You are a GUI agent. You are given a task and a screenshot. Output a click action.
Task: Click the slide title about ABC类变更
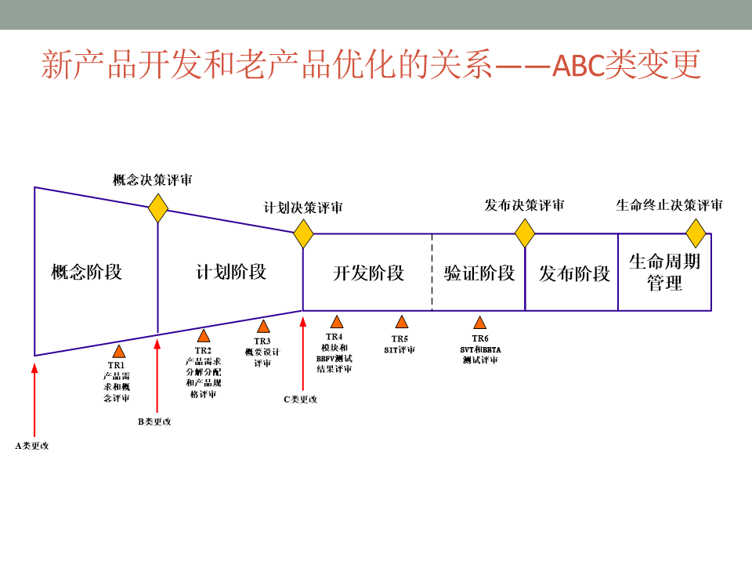click(x=371, y=65)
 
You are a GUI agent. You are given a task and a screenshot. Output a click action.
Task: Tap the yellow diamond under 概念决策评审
click(x=158, y=208)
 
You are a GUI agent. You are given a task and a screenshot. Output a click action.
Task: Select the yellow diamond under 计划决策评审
click(x=303, y=233)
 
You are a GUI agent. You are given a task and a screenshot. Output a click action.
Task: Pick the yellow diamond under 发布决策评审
click(x=525, y=233)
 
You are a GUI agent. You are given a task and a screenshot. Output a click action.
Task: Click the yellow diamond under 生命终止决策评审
click(x=696, y=233)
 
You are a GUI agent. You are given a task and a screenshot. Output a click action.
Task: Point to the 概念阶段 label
click(x=87, y=272)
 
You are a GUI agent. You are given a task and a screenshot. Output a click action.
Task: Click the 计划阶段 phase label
click(x=231, y=272)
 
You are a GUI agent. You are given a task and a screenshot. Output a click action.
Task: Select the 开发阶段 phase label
click(x=368, y=273)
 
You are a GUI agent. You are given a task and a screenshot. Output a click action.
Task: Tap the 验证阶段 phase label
click(x=479, y=273)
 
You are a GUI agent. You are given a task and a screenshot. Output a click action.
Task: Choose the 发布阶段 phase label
click(x=574, y=273)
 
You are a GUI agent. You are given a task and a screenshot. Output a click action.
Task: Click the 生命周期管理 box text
click(x=665, y=272)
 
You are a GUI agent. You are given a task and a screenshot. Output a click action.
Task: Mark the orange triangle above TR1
click(x=119, y=352)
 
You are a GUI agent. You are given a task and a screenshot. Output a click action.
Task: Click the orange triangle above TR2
click(x=204, y=336)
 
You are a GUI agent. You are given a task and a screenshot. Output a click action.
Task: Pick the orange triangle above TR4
click(x=337, y=322)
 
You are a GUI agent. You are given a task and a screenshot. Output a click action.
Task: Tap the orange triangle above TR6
click(x=479, y=323)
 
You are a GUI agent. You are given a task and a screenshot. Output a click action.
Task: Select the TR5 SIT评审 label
click(x=399, y=345)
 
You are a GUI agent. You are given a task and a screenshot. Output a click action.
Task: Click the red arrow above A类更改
click(x=34, y=399)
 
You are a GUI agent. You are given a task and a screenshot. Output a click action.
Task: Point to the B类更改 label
click(x=154, y=421)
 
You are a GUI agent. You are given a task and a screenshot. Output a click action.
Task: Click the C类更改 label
click(x=301, y=399)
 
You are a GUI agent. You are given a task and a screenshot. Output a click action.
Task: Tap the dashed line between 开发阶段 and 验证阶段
click(x=432, y=272)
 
